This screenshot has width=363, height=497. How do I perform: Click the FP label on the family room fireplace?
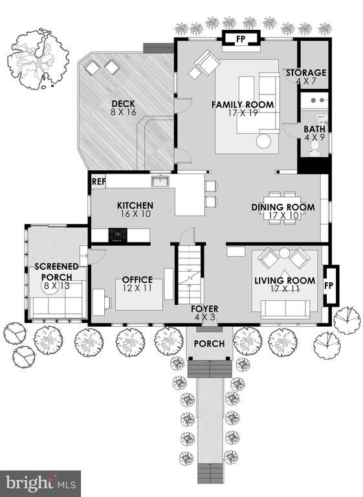click(241, 39)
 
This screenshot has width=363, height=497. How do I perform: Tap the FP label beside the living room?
click(329, 285)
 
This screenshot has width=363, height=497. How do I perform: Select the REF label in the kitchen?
click(98, 182)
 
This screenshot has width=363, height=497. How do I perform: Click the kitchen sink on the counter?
click(160, 181)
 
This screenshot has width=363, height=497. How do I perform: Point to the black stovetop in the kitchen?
click(118, 235)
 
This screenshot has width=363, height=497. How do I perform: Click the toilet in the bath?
click(314, 149)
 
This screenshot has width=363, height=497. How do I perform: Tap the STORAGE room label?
click(306, 72)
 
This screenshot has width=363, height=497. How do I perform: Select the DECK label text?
click(123, 104)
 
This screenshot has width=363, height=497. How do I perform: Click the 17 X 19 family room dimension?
click(243, 113)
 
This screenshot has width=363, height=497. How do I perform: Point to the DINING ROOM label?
click(283, 207)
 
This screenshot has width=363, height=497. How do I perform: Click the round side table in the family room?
click(263, 141)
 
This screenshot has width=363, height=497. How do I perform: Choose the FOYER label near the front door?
click(204, 309)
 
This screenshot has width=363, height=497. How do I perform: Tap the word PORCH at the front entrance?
click(209, 344)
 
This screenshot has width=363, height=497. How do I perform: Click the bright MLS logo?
click(41, 483)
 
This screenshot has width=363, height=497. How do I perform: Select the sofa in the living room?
click(285, 309)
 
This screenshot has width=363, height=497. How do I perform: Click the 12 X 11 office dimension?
click(137, 288)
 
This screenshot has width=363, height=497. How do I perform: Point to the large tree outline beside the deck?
click(38, 59)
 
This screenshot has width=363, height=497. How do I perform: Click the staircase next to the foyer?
click(189, 276)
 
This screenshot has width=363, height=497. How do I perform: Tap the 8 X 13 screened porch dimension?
click(56, 286)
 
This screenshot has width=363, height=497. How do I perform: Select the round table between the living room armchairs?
click(284, 253)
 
